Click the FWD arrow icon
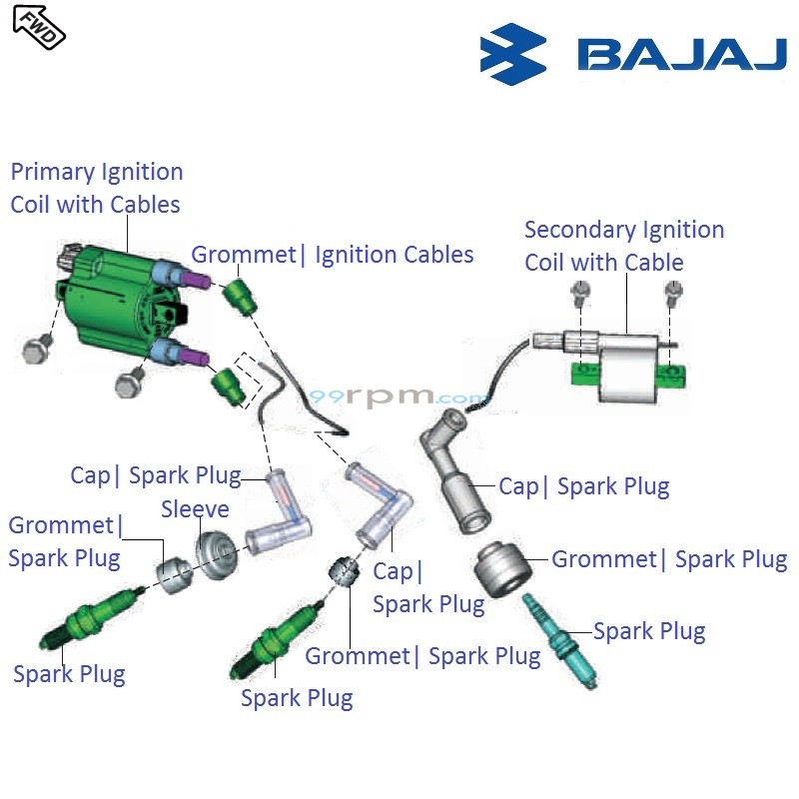[39, 27]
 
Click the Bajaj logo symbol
[513, 54]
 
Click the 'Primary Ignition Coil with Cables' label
[96, 188]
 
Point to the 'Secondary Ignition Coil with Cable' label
[623, 246]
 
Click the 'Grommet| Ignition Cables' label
[333, 255]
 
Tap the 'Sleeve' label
[195, 509]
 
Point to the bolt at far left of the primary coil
[38, 349]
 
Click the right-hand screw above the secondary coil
[674, 291]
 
